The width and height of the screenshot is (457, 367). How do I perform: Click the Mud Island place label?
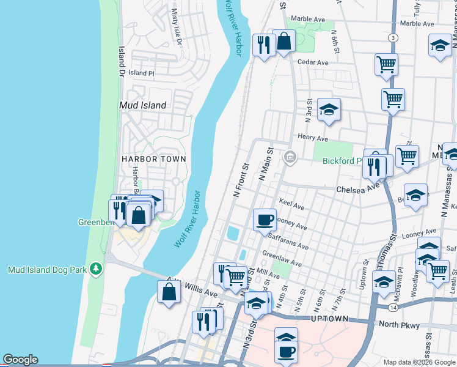pos(142,105)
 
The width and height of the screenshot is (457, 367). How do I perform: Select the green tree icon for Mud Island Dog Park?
pos(95,269)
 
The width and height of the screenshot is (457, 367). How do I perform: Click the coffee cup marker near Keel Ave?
pos(265,220)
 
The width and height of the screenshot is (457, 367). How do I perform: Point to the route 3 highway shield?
pos(392,38)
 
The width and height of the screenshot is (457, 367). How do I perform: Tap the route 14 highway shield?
pos(392,306)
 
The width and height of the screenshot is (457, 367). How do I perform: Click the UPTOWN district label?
pos(329,319)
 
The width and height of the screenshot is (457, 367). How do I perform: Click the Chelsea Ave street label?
pos(357,189)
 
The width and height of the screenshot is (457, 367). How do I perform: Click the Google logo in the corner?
pos(20,360)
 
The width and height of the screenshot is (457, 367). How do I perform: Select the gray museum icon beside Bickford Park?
pos(290,158)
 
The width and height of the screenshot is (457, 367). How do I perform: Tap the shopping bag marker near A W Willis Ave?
pos(169,291)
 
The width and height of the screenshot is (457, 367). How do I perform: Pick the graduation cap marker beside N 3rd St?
pos(329,109)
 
